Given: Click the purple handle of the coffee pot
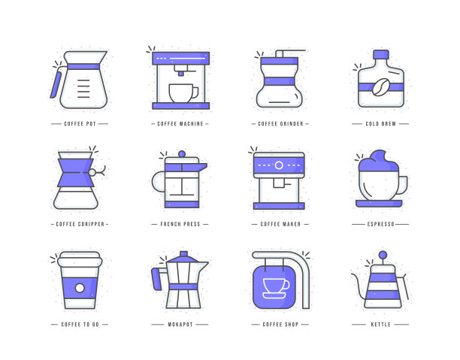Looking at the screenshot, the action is point(56,85).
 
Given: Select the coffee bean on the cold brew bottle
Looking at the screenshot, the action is point(381,87).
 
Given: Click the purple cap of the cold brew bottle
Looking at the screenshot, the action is point(381,54).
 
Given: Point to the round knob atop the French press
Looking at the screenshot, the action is point(182,154).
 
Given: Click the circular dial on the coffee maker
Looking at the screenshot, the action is point(279,165).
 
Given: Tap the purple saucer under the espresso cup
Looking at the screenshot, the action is point(379,204).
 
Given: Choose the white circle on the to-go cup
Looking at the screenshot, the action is point(80,288).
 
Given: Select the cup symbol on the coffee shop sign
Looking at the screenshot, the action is point(276,289).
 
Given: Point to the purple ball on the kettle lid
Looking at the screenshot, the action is point(383,255).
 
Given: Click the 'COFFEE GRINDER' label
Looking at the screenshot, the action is point(280,124).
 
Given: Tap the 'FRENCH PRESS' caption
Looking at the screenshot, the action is point(180,224).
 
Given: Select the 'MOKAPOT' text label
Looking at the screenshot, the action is point(180,325).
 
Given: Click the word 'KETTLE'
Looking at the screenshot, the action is point(380,325).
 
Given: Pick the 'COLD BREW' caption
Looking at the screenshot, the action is point(380,124).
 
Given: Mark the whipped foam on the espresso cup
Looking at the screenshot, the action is point(378,161).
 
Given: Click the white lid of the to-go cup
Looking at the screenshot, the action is point(80,259).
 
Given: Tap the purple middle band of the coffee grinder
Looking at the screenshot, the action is point(279,81).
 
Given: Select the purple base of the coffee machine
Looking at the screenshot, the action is point(180,106).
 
